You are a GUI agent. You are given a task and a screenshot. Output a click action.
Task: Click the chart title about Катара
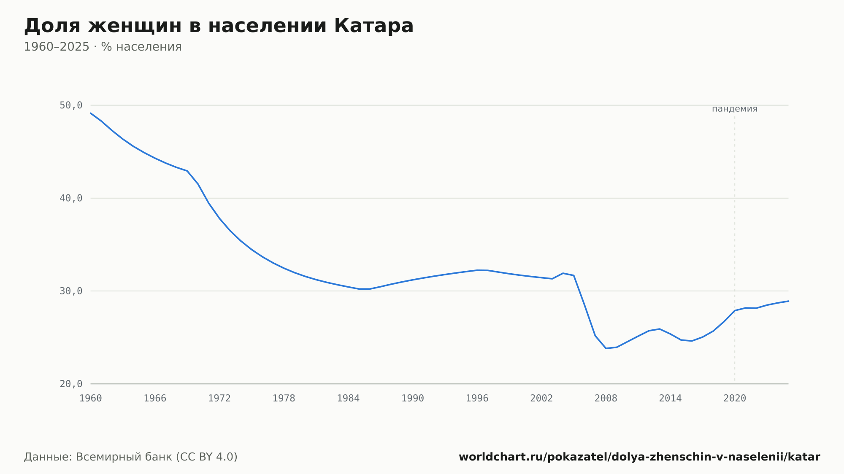[x=219, y=26]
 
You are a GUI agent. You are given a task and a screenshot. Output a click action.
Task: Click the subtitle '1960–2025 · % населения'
[x=103, y=47]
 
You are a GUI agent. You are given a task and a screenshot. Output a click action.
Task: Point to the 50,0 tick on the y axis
[x=71, y=105]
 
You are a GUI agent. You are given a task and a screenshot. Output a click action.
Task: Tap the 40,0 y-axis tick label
[x=71, y=198]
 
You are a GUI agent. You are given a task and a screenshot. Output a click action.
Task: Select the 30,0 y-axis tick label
[x=71, y=291]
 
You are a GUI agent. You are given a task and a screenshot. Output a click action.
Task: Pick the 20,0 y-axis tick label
[x=71, y=384]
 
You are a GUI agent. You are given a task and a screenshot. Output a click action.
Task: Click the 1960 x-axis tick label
[x=91, y=399]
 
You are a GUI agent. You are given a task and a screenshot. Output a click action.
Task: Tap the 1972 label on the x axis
[x=219, y=399]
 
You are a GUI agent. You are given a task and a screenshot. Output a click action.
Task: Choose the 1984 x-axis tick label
[x=348, y=399]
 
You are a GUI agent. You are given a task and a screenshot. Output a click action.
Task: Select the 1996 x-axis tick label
[x=477, y=399]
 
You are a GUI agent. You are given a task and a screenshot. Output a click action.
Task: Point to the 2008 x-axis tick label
[x=606, y=399]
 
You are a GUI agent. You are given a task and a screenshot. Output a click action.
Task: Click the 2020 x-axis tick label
[x=735, y=399]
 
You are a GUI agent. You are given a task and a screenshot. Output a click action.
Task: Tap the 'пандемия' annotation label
[x=735, y=109]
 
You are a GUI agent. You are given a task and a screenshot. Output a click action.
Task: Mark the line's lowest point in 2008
[x=606, y=348]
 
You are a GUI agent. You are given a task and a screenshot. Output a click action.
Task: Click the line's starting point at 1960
[x=91, y=113]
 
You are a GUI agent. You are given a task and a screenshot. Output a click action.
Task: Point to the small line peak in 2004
[x=563, y=273]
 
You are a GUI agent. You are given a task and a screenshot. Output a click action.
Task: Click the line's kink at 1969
[x=187, y=171]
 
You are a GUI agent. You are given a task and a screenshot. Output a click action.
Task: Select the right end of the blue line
[x=788, y=301]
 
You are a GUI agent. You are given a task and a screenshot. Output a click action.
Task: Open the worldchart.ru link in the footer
[x=639, y=457]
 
